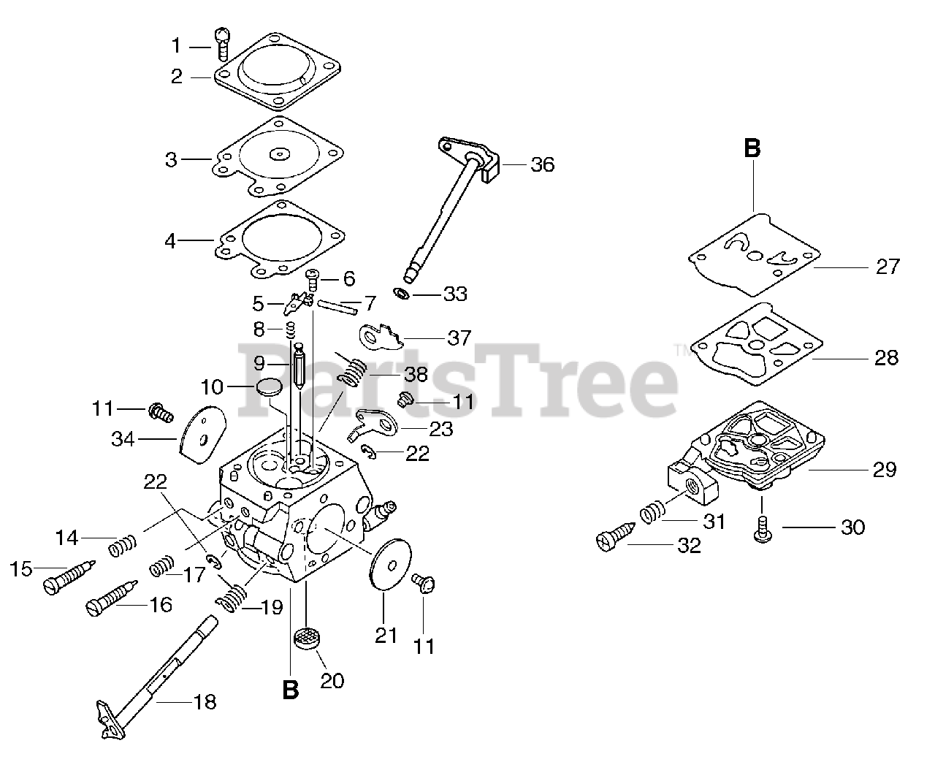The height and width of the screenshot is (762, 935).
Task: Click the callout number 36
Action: [x=542, y=165]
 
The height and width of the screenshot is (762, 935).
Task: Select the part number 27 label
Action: [x=888, y=267]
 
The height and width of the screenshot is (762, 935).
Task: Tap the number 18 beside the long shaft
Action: [x=205, y=702]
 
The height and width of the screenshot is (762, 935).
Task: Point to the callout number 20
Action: [x=332, y=680]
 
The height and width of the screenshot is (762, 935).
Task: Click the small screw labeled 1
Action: [x=222, y=44]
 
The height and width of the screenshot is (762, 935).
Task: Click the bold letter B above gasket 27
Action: [x=752, y=148]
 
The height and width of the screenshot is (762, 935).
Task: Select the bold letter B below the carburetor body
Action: [x=290, y=690]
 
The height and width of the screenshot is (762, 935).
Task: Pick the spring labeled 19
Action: [x=232, y=598]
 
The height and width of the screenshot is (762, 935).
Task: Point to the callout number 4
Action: [x=170, y=240]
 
